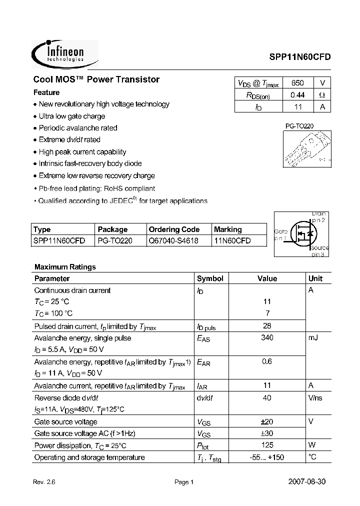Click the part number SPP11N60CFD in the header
coord(297,57)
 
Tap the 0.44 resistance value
coord(297,94)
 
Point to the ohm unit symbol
coord(322,94)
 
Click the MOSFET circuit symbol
coord(302,234)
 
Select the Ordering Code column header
coord(174,229)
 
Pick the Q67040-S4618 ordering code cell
coord(173,240)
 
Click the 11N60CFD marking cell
coord(232,240)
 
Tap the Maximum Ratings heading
coord(65,267)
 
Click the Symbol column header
coord(210,278)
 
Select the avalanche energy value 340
coord(267,338)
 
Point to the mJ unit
coord(313,338)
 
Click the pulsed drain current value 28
coord(267,326)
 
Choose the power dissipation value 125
coord(267,445)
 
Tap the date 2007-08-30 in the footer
coord(309,482)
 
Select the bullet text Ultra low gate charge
coord(71,116)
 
